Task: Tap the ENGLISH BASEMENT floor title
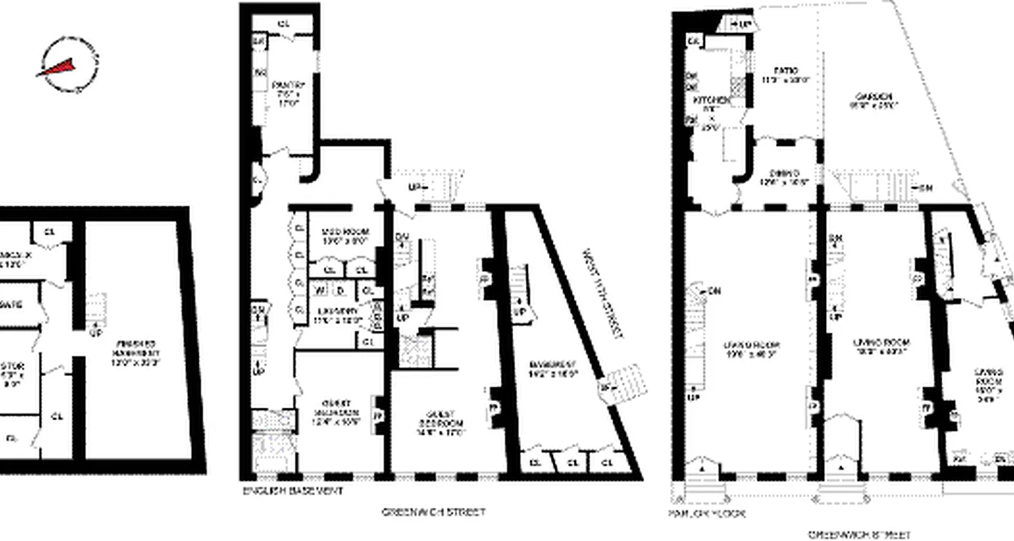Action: click(x=292, y=490)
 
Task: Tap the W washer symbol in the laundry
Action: click(x=318, y=290)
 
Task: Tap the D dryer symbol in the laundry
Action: click(x=340, y=290)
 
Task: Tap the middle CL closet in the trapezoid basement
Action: click(x=572, y=463)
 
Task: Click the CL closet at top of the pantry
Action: click(x=284, y=24)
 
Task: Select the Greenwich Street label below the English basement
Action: click(x=433, y=512)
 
